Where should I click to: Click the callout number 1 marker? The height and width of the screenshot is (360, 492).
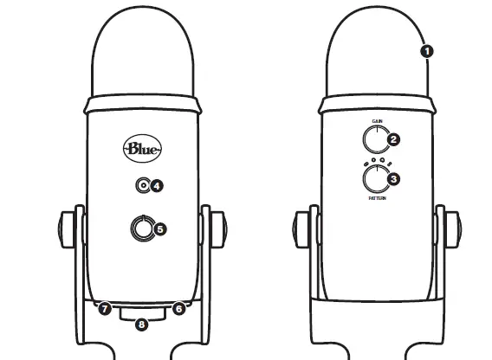pyautogui.click(x=425, y=51)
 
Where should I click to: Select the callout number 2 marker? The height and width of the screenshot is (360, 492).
pyautogui.click(x=393, y=138)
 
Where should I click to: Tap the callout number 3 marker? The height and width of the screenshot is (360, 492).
pyautogui.click(x=393, y=179)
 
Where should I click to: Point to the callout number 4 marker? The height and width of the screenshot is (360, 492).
pyautogui.click(x=158, y=185)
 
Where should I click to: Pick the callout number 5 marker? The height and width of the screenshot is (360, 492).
pyautogui.click(x=159, y=229)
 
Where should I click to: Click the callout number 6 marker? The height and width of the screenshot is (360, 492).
pyautogui.click(x=179, y=307)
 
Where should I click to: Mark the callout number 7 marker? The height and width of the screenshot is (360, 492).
pyautogui.click(x=104, y=307)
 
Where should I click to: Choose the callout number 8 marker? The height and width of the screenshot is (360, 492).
pyautogui.click(x=141, y=325)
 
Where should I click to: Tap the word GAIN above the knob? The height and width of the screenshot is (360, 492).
pyautogui.click(x=377, y=121)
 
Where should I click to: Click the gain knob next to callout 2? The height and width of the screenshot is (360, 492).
pyautogui.click(x=376, y=138)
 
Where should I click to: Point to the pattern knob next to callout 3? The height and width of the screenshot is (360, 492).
pyautogui.click(x=376, y=178)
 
